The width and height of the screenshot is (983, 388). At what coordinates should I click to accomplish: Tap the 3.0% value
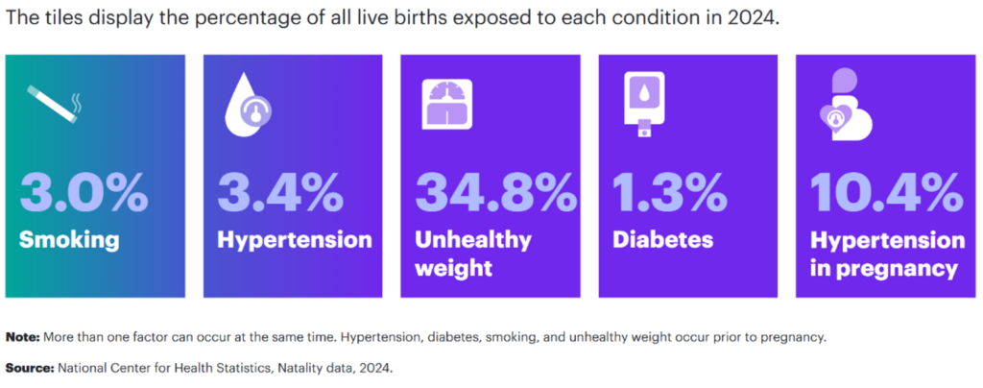click(x=84, y=194)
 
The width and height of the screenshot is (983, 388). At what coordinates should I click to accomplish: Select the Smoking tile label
click(x=69, y=239)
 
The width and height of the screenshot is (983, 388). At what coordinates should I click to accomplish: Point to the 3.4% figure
click(x=280, y=194)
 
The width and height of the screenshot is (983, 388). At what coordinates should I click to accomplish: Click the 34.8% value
click(x=496, y=194)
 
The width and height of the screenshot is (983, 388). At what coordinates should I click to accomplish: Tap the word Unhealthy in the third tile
click(x=473, y=239)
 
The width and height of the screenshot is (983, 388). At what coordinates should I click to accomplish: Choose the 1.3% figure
click(x=669, y=194)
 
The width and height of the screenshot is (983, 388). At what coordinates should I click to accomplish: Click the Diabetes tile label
click(x=662, y=239)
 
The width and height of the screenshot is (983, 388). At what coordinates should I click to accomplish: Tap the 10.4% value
click(x=886, y=194)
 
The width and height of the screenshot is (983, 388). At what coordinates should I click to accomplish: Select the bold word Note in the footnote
click(x=23, y=338)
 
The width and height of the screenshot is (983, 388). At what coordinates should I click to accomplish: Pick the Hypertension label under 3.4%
click(x=295, y=239)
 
